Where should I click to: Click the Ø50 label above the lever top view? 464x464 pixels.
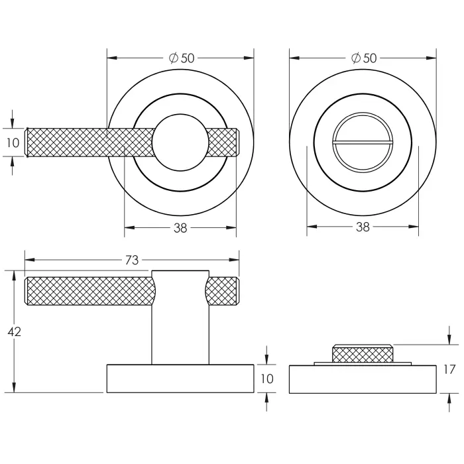pos(181,58)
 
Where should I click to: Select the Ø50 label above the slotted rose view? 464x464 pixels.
pos(363,58)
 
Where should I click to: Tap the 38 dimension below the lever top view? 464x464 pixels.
pos(180,228)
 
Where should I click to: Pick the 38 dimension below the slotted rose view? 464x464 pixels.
pos(363,228)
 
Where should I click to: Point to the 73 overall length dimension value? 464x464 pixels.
pos(131,261)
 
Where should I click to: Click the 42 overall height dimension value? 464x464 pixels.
pos(14,331)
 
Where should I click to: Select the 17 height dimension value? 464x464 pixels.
pos(449,369)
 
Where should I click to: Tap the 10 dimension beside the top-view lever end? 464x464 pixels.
pos(13,142)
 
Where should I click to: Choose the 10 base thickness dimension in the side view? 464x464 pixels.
pos(266,378)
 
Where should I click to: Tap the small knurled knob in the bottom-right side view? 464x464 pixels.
pos(363,354)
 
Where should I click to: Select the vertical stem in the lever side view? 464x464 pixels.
pos(180,325)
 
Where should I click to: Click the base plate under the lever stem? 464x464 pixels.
pos(180,378)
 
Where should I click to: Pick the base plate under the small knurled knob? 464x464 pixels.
pos(363,379)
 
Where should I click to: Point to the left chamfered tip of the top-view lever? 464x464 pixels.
pos(28,142)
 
